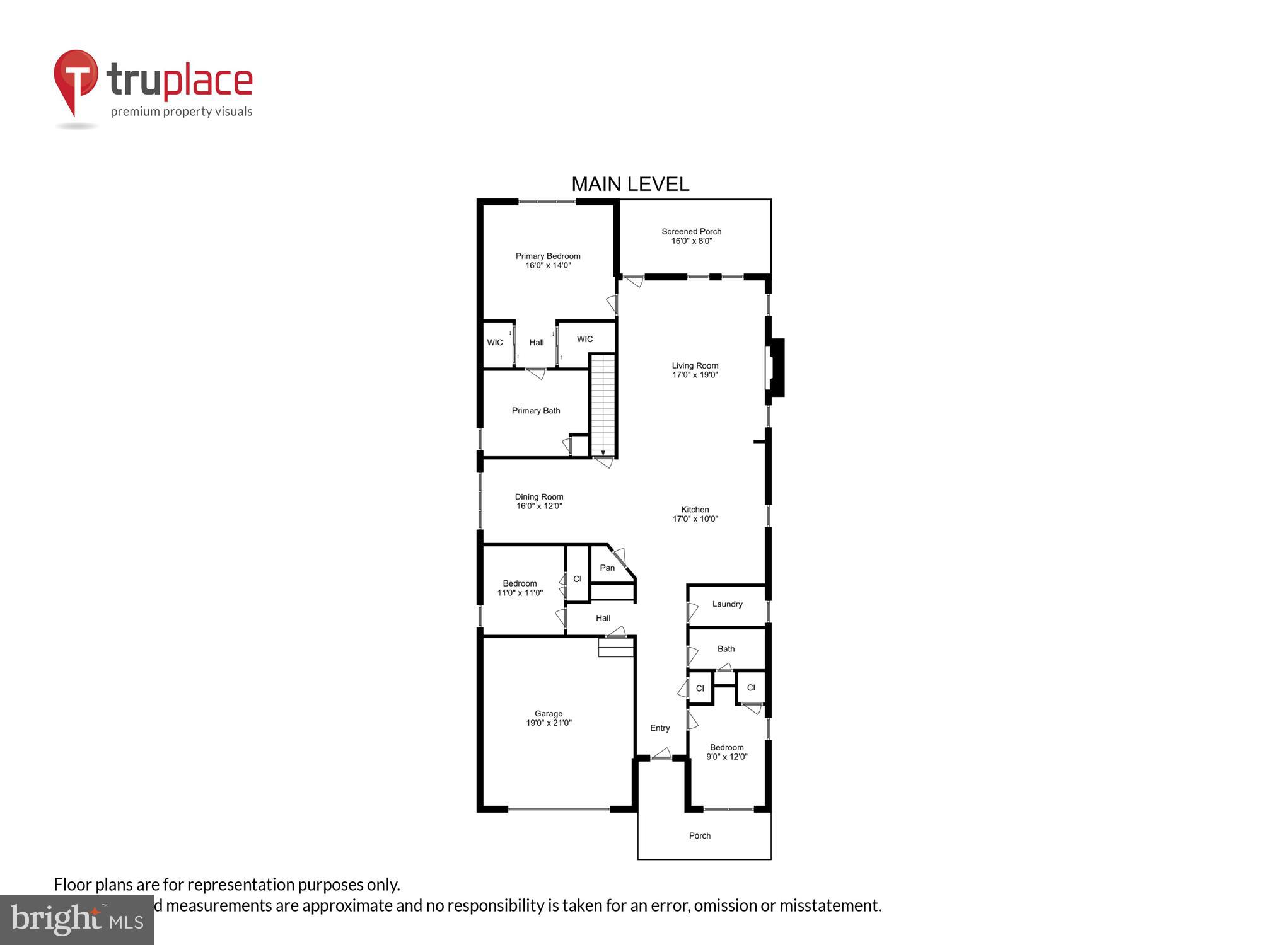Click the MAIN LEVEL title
630,184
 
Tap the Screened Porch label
691,231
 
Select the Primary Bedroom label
548,256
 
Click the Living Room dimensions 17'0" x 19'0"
695,375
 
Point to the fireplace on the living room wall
775,368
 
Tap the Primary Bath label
536,411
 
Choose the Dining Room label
539,496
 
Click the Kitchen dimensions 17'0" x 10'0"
695,519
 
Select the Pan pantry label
607,568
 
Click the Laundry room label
727,604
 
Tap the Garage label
549,713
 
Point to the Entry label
660,728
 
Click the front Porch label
700,835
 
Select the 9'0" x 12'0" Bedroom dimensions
727,757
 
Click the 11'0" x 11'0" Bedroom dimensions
520,593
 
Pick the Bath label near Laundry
726,649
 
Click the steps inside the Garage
615,648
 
